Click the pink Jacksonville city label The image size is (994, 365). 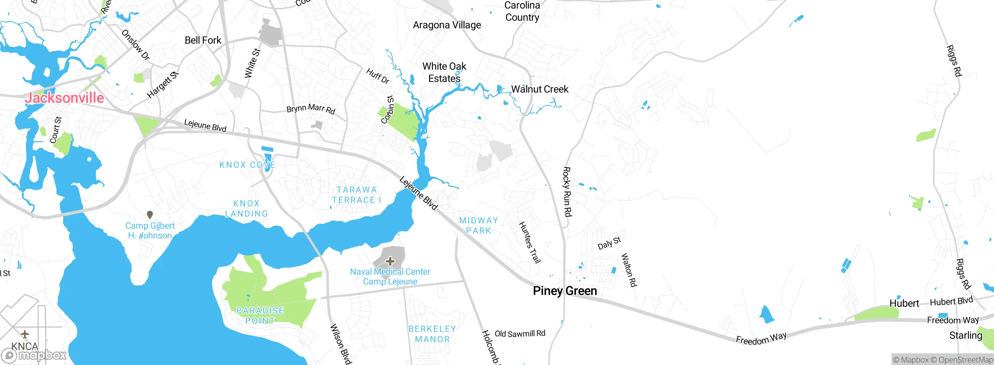tap(64, 98)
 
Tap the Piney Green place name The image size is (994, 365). tap(565, 291)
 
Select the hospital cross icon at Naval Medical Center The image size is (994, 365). tap(390, 261)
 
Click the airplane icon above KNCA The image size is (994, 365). tap(25, 334)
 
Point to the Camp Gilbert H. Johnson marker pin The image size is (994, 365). tap(150, 214)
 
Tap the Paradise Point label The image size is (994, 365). tap(260, 315)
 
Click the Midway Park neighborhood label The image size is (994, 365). tap(478, 226)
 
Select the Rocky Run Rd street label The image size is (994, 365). tap(567, 191)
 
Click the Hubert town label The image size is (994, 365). tap(904, 303)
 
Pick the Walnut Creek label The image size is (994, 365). tap(539, 89)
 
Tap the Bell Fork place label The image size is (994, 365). tap(203, 40)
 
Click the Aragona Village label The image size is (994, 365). tap(447, 25)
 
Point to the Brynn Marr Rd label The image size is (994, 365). tap(311, 108)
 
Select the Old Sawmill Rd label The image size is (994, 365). tap(520, 334)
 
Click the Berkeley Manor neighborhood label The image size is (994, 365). tap(432, 334)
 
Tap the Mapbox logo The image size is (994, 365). tap(34, 355)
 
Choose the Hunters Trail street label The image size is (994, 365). tap(530, 242)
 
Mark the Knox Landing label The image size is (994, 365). tap(247, 209)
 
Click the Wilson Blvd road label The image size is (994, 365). tap(341, 344)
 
